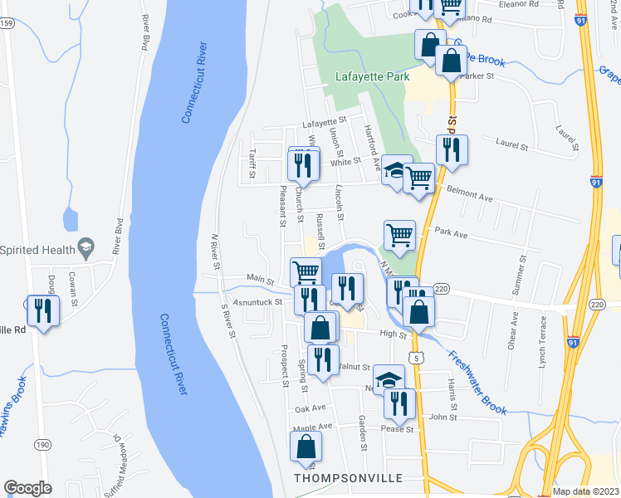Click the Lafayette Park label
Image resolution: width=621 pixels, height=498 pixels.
tap(373, 76)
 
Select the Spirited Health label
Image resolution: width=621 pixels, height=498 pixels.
tap(36, 248)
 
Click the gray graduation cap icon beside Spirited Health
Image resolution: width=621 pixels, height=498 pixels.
tap(84, 247)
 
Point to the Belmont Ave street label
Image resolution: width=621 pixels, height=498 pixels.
tap(470, 197)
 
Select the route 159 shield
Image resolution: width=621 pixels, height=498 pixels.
tap(7, 22)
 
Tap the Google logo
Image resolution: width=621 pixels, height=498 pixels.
tap(27, 487)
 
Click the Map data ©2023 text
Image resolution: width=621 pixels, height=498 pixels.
tap(585, 491)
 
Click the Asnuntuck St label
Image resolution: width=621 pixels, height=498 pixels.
tap(259, 302)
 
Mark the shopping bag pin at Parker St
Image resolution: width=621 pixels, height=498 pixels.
tap(451, 61)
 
